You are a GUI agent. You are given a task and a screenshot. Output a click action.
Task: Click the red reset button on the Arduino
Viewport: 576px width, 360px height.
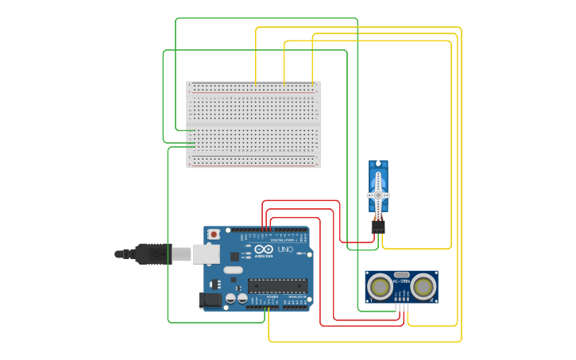pos(215,234)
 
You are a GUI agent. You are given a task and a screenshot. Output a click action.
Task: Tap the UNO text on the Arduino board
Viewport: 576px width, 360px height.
pos(284,250)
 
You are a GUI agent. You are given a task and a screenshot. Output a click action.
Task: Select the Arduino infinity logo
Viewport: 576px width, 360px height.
pos(263,249)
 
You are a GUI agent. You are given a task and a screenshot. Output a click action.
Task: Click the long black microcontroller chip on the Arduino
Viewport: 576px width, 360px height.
pos(277,285)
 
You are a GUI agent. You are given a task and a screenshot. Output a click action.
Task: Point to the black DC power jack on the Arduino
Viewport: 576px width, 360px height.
pos(208,300)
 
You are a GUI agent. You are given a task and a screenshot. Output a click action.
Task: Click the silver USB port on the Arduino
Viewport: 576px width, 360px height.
pos(206,254)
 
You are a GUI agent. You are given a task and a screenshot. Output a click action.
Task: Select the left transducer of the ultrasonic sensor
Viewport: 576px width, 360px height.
pos(381,285)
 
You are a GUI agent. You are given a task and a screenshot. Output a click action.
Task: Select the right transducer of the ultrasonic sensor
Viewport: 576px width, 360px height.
pos(423,285)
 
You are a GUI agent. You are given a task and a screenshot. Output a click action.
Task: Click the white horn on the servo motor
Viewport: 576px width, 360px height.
pos(378,195)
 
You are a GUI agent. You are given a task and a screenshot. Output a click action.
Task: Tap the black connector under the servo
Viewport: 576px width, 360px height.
pos(378,226)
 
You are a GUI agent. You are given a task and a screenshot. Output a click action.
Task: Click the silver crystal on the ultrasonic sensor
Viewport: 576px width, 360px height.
pos(402,275)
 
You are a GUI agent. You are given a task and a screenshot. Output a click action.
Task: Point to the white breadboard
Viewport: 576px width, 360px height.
pos(253,125)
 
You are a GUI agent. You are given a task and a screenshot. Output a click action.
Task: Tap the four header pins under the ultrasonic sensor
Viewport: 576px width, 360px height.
pos(402,308)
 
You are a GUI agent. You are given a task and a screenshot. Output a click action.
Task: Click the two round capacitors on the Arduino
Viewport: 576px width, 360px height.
pos(236,299)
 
